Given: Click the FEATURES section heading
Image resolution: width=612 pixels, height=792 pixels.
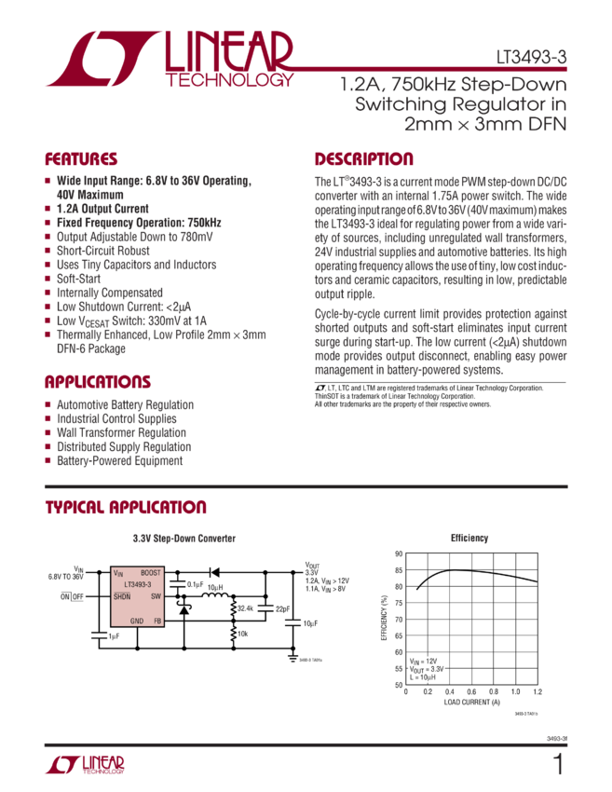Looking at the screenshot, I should (x=82, y=159).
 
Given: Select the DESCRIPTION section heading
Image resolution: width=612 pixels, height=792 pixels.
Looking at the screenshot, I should (x=363, y=159).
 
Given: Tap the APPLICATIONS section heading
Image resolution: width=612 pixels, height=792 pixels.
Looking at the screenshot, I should (x=98, y=383).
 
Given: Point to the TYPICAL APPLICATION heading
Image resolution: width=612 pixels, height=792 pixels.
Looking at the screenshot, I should (x=126, y=508).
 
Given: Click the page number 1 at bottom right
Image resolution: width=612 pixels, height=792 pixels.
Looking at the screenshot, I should (x=558, y=766).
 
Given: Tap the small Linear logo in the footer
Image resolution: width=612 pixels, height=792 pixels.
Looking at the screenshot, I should (x=85, y=766).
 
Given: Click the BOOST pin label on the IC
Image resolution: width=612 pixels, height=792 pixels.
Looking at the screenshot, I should (x=150, y=572).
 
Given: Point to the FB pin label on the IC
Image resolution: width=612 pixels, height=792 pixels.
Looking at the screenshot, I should (x=156, y=621).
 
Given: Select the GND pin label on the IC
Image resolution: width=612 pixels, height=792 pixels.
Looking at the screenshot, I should (x=136, y=621).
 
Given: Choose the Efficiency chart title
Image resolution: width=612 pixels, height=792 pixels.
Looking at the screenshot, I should (x=469, y=539).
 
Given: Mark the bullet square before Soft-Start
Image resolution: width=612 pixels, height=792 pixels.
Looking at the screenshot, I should (x=48, y=279).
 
